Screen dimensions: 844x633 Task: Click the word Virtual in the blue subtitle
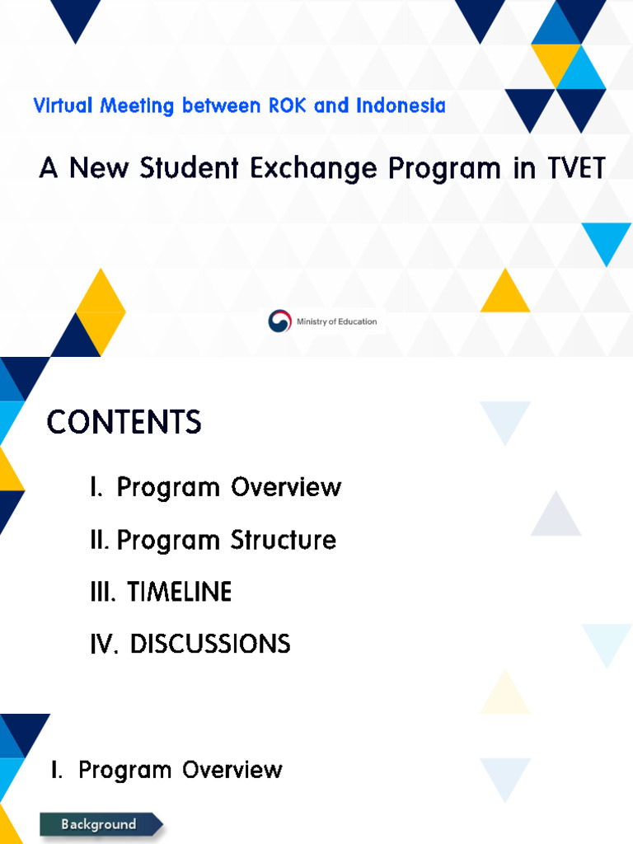tap(63, 106)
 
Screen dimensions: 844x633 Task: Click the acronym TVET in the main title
tap(576, 169)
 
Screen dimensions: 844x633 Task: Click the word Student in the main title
tap(185, 169)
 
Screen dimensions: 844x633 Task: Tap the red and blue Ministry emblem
tap(280, 321)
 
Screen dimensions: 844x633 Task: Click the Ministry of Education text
tap(336, 321)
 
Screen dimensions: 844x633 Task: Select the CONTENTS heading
tap(124, 423)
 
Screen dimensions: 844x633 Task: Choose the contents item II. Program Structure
tap(213, 541)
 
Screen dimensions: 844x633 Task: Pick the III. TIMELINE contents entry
tap(161, 592)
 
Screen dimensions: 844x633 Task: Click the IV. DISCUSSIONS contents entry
tap(190, 644)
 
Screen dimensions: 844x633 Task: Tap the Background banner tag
tap(99, 824)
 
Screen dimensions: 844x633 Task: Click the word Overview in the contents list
tap(286, 487)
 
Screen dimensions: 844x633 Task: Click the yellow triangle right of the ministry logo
tap(504, 293)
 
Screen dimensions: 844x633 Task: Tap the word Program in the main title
tap(444, 169)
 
